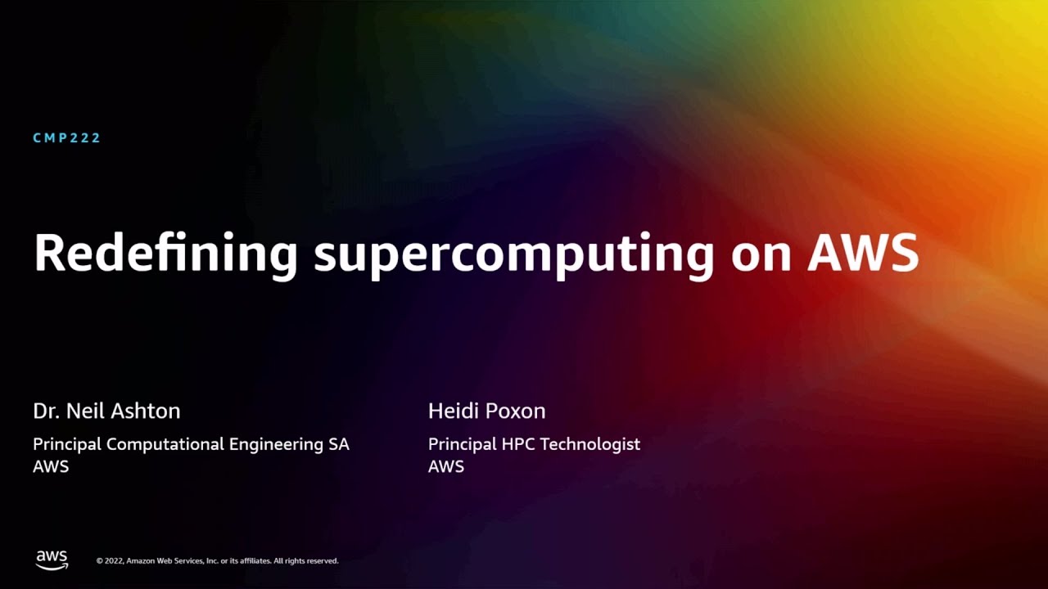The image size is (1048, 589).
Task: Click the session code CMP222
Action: [x=66, y=138]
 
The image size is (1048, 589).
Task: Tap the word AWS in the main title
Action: [x=863, y=254]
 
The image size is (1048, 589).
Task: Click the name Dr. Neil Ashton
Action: [x=106, y=411]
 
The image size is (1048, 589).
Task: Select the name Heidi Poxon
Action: [x=486, y=411]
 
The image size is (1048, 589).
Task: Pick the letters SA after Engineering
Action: [x=339, y=444]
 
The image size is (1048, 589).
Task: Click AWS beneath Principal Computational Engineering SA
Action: [x=51, y=467]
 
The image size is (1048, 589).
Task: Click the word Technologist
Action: [x=589, y=444]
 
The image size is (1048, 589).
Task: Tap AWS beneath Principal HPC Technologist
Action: [x=446, y=467]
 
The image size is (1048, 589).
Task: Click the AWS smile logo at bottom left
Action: [x=52, y=560]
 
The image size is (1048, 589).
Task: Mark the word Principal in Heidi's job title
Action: [x=462, y=444]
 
